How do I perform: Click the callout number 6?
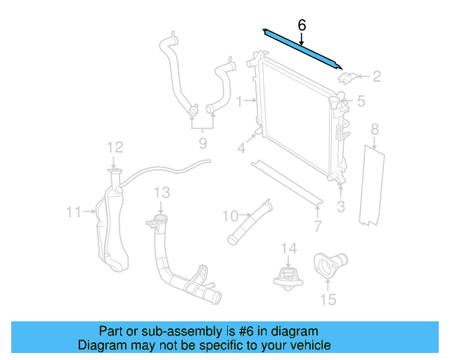click(302, 26)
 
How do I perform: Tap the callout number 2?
click(376, 76)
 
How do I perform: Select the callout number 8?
click(375, 129)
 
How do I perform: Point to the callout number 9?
click(202, 143)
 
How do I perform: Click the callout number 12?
click(115, 147)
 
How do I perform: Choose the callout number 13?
click(162, 191)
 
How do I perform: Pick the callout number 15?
click(328, 301)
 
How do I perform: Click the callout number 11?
click(74, 211)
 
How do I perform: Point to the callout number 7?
click(317, 226)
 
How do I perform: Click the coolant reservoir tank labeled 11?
click(111, 225)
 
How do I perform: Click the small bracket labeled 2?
click(347, 76)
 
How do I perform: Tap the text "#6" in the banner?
click(239, 331)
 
